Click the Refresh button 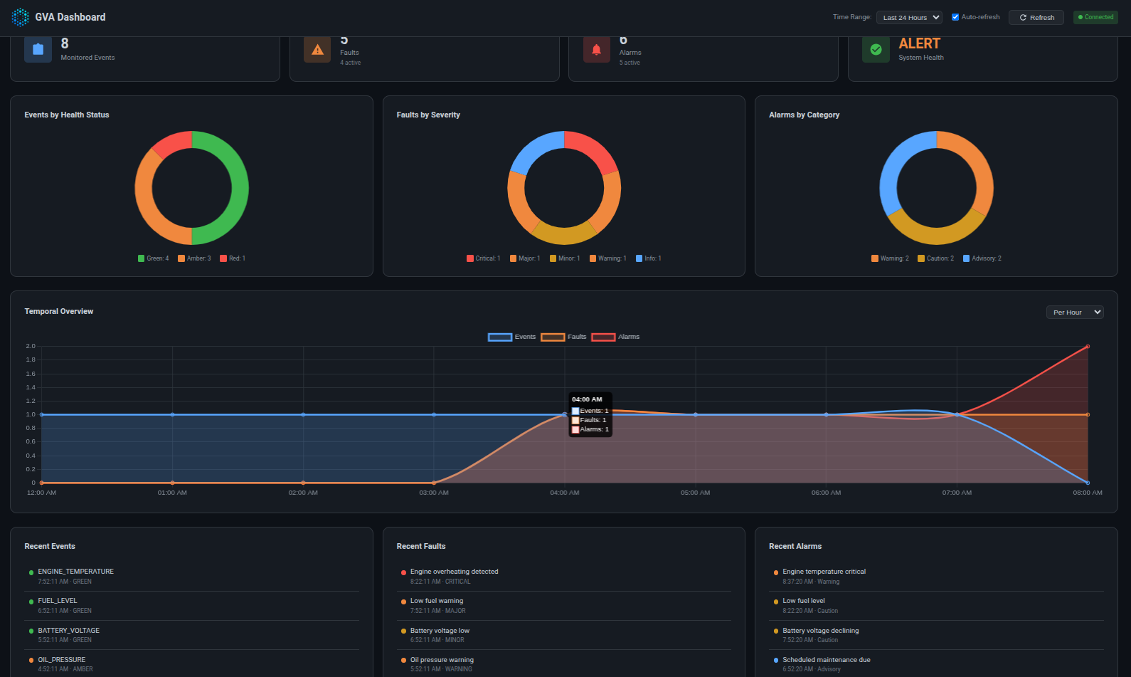click(1036, 17)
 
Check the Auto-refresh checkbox click(955, 17)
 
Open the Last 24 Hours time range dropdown click(909, 17)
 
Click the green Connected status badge click(1095, 17)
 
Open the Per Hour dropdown click(1074, 312)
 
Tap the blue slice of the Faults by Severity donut click(534, 149)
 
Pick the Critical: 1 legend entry click(484, 258)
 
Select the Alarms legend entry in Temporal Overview click(615, 337)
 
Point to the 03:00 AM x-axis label click(434, 493)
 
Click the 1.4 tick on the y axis click(31, 387)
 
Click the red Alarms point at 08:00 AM click(1088, 347)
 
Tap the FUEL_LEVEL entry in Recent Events click(58, 601)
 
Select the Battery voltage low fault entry click(440, 631)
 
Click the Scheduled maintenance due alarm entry click(826, 660)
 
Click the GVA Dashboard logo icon click(21, 17)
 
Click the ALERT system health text click(919, 44)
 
